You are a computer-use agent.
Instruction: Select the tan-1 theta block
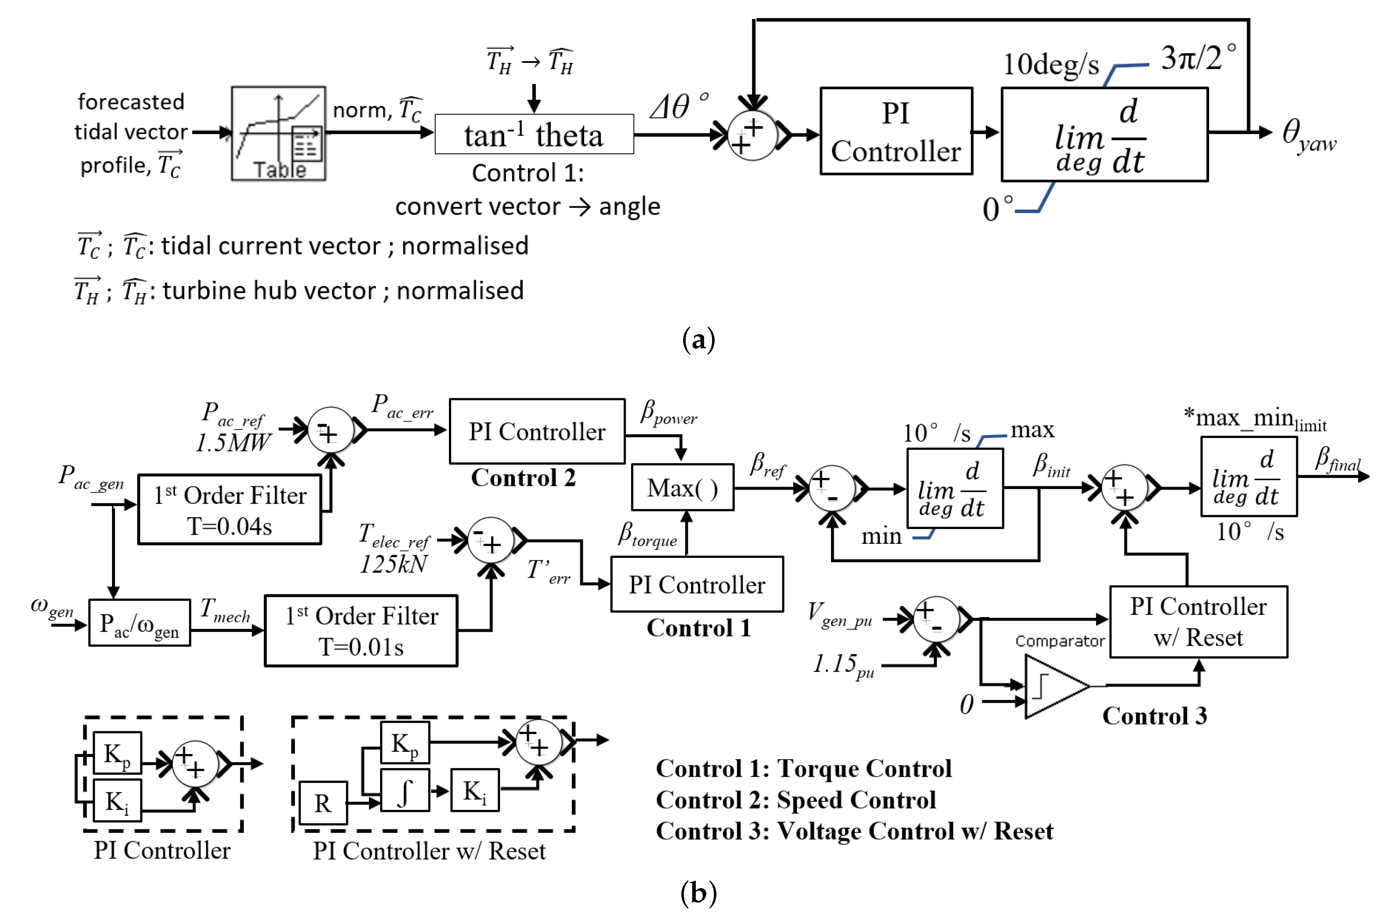tap(534, 134)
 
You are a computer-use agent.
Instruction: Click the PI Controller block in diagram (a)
tap(895, 132)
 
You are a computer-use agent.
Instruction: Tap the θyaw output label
tap(1308, 135)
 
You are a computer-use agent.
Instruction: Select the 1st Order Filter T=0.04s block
tap(229, 509)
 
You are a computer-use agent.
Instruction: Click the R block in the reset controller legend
tap(322, 803)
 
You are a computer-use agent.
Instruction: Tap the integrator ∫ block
tap(405, 791)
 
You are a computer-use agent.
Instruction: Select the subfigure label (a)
tap(698, 340)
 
